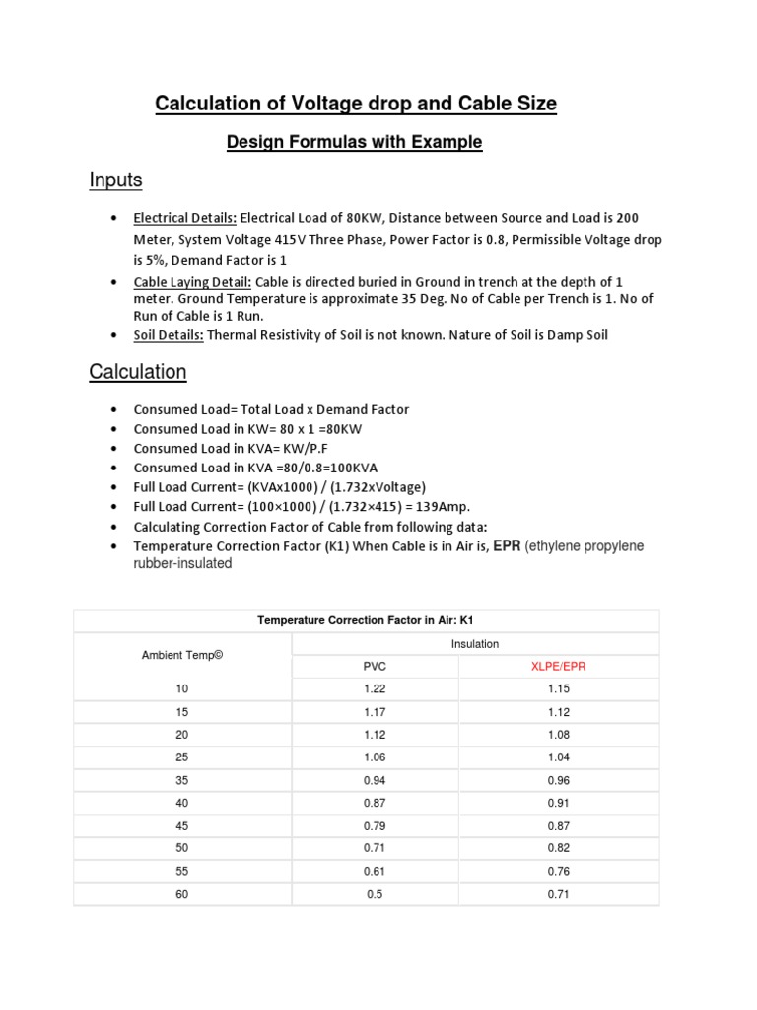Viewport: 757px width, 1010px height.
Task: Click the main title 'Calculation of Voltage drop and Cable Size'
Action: (x=356, y=103)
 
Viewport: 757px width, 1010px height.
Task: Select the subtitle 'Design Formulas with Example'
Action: (x=354, y=142)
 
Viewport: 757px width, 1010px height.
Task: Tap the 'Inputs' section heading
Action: (x=115, y=180)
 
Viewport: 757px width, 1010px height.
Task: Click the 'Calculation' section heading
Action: (x=137, y=372)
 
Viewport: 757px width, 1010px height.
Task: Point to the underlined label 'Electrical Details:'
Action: (x=184, y=217)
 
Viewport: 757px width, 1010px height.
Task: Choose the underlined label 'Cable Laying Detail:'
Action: (x=192, y=282)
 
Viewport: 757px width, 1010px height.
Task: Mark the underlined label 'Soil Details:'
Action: (x=169, y=335)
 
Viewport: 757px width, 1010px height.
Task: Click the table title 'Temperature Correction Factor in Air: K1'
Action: (x=366, y=620)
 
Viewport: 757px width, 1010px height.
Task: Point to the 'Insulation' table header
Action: (x=475, y=644)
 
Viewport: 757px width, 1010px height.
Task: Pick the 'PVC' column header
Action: (x=375, y=666)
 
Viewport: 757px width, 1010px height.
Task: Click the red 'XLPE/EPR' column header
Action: (x=558, y=666)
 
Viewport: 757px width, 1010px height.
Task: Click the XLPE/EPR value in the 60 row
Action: (x=558, y=894)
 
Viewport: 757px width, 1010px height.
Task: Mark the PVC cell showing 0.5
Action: (x=375, y=894)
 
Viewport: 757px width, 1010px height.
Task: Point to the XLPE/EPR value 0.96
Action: (x=558, y=780)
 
